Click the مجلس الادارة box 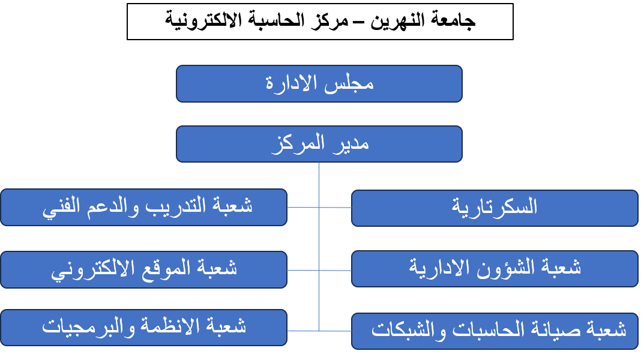(319, 84)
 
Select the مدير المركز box (319, 144)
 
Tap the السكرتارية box (495, 208)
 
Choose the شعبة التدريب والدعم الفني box (144, 207)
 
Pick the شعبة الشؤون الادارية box (495, 269)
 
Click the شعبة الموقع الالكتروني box (144, 269)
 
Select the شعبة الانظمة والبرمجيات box (144, 328)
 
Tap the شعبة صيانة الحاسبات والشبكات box (495, 331)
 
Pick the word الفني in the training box (61, 206)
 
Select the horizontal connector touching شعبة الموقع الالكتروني (303, 270)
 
